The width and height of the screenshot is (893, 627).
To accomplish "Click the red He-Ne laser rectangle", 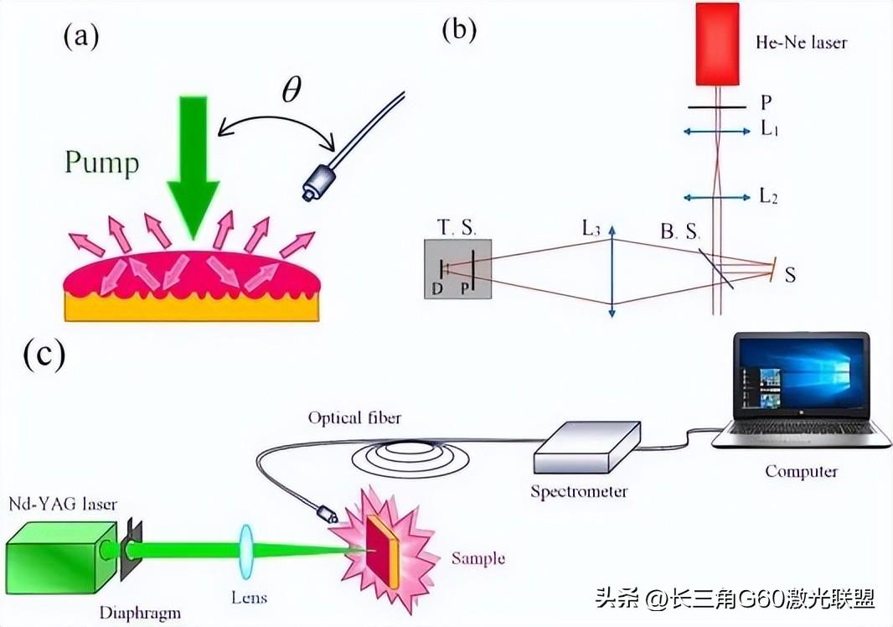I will click(717, 44).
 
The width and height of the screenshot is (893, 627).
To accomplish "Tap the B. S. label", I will click(679, 232).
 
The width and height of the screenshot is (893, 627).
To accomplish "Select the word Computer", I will click(801, 471).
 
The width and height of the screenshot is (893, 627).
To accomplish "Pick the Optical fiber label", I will click(354, 417).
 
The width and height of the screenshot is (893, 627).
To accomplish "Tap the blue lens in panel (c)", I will click(246, 551).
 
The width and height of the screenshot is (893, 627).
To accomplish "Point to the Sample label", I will click(477, 557).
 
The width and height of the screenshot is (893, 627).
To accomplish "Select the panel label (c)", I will click(44, 355).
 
